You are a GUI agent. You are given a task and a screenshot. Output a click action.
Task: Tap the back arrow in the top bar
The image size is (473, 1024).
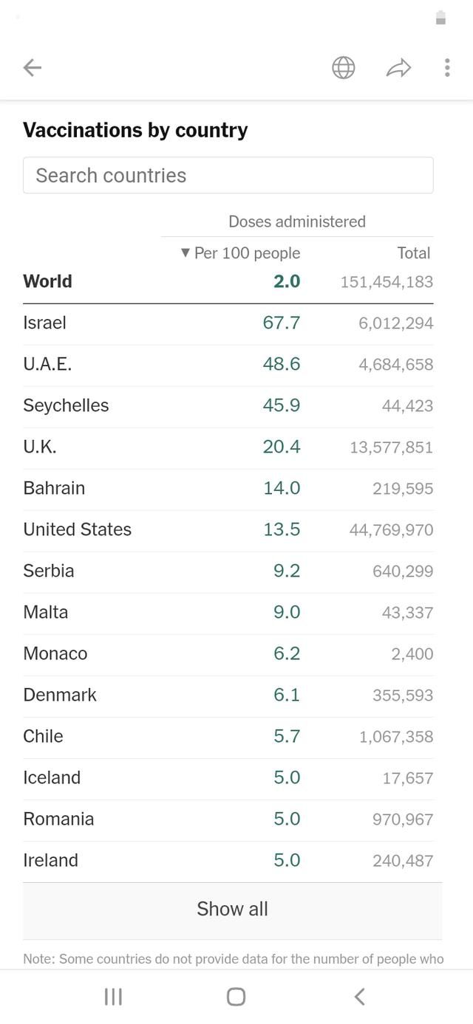(x=33, y=68)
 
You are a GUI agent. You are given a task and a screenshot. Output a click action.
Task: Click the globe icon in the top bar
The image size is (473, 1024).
(x=344, y=68)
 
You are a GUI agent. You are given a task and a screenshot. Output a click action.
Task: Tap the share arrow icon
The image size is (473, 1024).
(x=398, y=69)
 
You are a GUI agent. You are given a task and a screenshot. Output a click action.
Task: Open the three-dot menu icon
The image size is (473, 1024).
(x=447, y=68)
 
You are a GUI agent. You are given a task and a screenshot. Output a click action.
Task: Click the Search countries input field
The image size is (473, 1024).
(x=228, y=175)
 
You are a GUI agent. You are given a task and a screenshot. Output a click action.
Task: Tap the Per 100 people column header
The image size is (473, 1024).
(x=241, y=253)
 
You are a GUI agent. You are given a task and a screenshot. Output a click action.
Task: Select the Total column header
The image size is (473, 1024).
(x=413, y=253)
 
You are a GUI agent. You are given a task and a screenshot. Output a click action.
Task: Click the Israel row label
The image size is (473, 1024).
(x=45, y=323)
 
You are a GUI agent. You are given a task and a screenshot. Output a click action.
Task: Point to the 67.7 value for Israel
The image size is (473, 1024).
(x=282, y=323)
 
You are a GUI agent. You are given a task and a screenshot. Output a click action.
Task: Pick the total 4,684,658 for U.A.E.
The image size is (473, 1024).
(x=396, y=365)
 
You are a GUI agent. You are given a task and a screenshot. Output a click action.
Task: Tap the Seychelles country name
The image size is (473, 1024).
(x=66, y=405)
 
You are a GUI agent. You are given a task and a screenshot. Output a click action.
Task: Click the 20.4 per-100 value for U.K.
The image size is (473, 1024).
(x=282, y=447)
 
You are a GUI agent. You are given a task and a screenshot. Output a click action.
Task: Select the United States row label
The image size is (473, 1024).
(x=78, y=529)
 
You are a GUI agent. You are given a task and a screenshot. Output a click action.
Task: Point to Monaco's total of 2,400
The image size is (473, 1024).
(x=412, y=654)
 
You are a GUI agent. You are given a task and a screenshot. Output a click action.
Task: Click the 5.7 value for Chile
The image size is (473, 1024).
(x=287, y=736)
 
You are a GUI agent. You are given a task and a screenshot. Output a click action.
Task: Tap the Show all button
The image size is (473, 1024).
(x=232, y=909)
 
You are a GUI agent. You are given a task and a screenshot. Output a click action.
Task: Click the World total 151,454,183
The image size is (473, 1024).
(x=387, y=282)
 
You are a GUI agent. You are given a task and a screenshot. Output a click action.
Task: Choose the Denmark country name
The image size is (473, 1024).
(x=60, y=695)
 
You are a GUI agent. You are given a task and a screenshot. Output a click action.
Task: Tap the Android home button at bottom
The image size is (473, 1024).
(x=236, y=997)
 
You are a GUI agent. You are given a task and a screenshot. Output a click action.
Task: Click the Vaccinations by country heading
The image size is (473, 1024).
(x=135, y=130)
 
